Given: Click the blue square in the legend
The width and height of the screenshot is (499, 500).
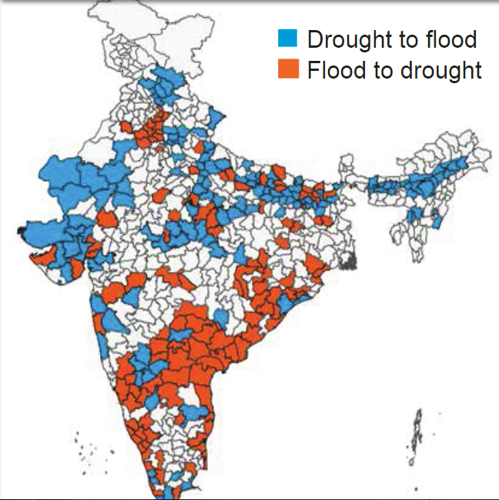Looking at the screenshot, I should pyautogui.click(x=287, y=39).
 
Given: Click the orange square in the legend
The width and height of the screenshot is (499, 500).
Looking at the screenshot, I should pyautogui.click(x=287, y=69).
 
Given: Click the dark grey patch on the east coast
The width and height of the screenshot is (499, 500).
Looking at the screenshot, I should pyautogui.click(x=351, y=262).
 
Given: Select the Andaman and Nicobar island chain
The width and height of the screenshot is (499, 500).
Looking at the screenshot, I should pyautogui.click(x=417, y=435).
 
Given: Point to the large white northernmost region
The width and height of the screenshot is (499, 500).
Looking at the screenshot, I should pyautogui.click(x=146, y=31).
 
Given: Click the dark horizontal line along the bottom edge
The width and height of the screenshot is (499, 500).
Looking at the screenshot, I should pyautogui.click(x=249, y=498).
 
